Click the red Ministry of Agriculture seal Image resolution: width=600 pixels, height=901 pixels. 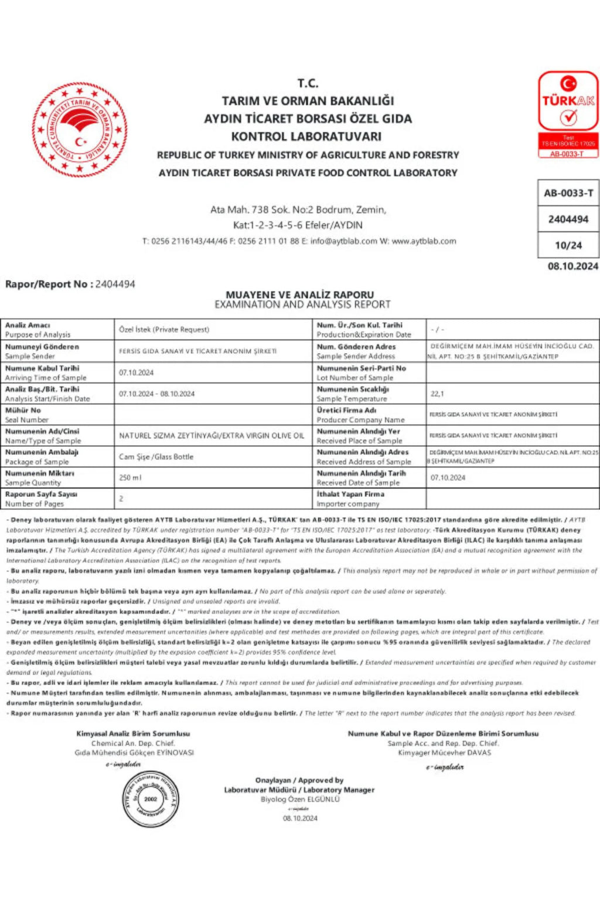coord(79,130)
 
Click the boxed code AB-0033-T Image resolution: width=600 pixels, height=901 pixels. coord(568,193)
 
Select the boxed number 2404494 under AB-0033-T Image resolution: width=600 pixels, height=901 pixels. coord(568,219)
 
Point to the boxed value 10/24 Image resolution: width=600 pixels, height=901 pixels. coord(568,245)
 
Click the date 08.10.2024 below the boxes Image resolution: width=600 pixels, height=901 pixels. coord(572,266)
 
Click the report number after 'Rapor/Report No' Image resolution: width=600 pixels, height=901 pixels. coord(115,284)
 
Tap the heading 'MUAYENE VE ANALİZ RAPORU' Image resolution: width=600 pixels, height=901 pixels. coord(299,294)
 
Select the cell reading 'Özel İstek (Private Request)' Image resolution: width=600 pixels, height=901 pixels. coord(164,330)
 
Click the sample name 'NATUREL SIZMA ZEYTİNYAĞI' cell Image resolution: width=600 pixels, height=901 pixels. coord(212,435)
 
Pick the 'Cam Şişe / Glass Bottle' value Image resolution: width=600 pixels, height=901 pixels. coord(156,456)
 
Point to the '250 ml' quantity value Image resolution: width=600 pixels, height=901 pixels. coord(130,477)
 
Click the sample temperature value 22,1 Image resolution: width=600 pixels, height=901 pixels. coord(437,394)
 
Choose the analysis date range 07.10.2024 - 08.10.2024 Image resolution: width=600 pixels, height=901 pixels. coord(156,394)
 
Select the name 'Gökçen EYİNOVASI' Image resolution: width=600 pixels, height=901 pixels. coord(165,753)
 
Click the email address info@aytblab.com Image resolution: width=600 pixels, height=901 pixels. coord(343,241)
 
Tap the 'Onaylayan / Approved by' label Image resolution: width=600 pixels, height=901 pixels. coord(299,780)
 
